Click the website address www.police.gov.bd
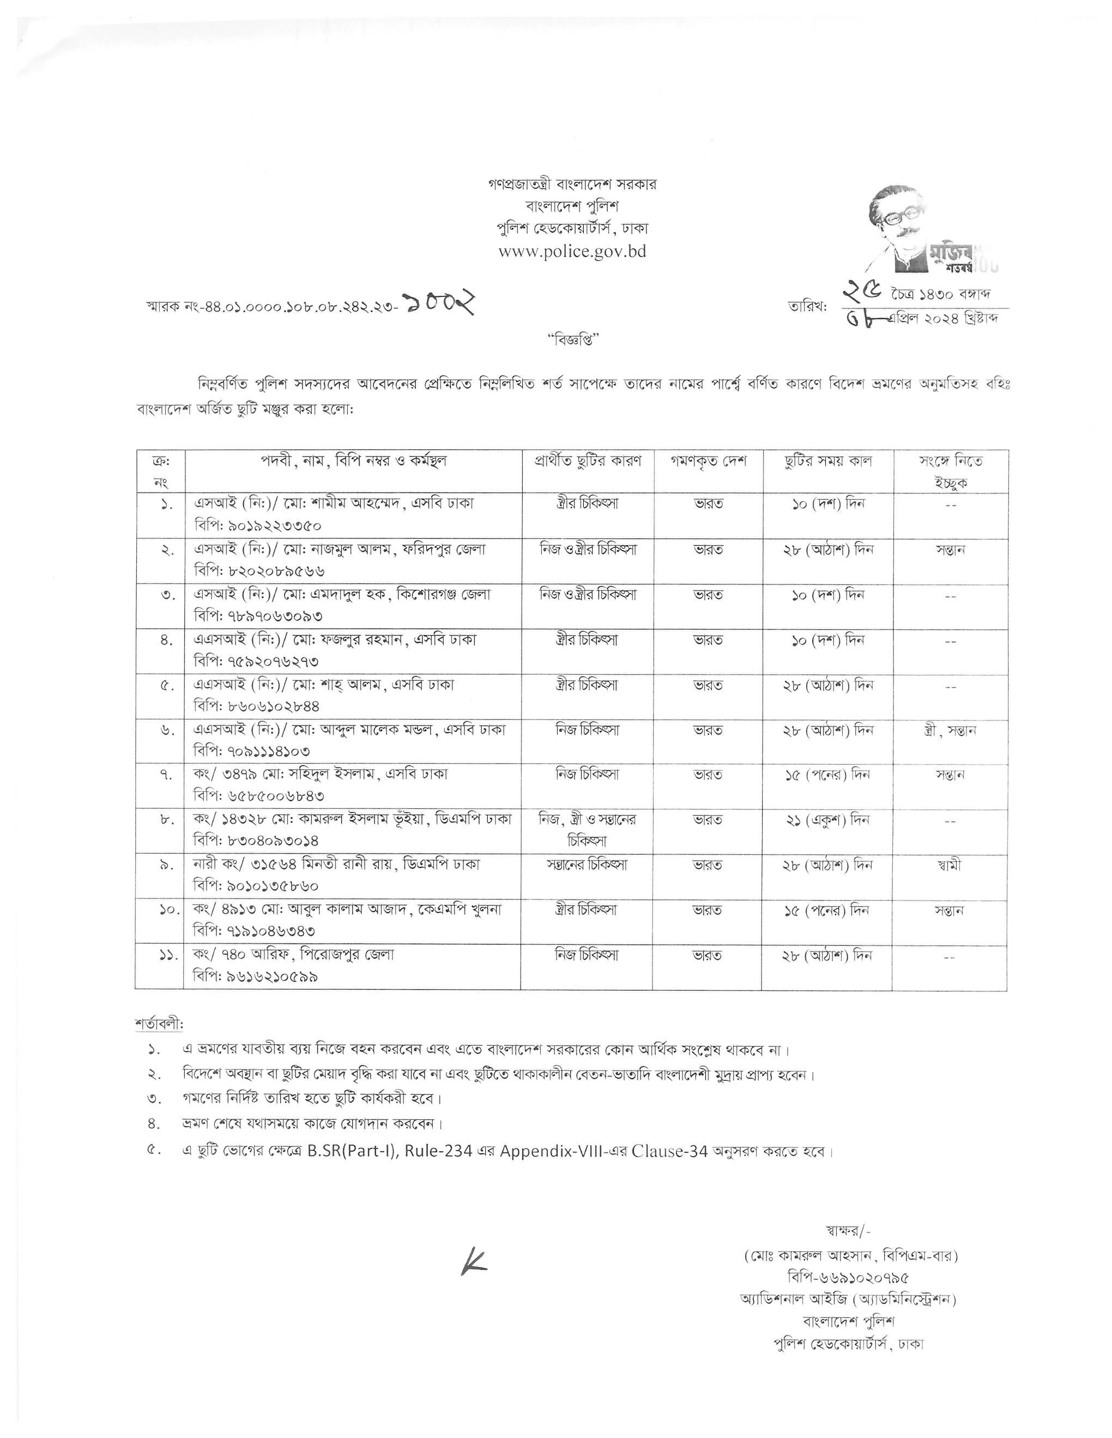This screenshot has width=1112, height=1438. pos(572,252)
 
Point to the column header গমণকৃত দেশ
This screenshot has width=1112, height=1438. pos(708,461)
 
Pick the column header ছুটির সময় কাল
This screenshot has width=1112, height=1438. pos(827,461)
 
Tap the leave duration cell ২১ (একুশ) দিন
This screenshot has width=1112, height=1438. pos(827,820)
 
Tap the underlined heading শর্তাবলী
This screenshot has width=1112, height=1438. pos(159,1025)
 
